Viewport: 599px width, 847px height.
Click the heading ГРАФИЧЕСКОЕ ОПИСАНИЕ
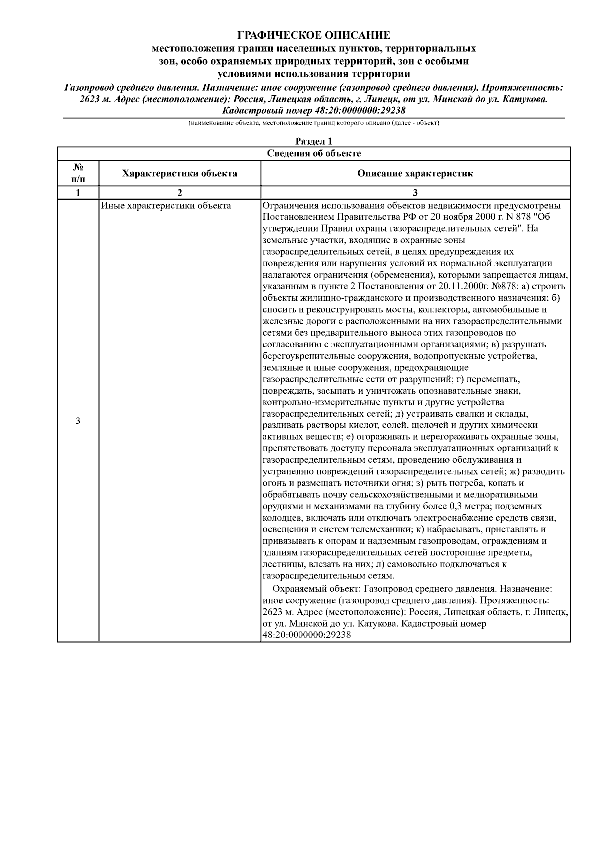pyautogui.click(x=313, y=35)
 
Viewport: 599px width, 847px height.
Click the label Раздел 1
pyautogui.click(x=313, y=142)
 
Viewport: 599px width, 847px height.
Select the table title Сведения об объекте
pyautogui.click(x=313, y=153)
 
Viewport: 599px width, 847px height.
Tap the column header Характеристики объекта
pyautogui.click(x=180, y=174)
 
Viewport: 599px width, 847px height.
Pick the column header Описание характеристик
pyautogui.click(x=415, y=174)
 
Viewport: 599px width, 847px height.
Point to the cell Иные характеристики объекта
pyautogui.click(x=166, y=206)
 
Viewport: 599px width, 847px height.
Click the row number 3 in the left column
pyautogui.click(x=78, y=421)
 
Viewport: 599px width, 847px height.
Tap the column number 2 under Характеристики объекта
pyautogui.click(x=180, y=193)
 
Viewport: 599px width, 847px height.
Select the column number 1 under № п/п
pyautogui.click(x=78, y=193)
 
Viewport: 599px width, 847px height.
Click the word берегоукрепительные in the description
pyautogui.click(x=308, y=356)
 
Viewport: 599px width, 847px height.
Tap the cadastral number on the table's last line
pyautogui.click(x=306, y=635)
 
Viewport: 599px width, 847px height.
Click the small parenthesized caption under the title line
pyautogui.click(x=313, y=123)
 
